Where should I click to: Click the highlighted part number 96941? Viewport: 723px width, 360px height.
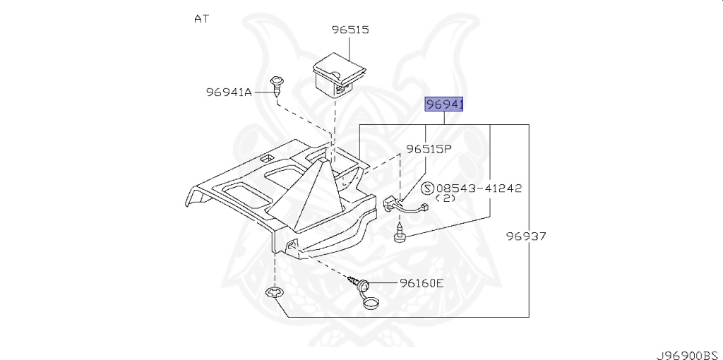[x=444, y=105]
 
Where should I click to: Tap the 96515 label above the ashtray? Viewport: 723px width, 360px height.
[x=350, y=30]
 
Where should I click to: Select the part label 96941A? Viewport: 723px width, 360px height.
[x=229, y=92]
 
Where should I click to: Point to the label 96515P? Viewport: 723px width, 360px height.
[x=429, y=150]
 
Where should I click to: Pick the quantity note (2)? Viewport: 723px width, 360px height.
[x=446, y=198]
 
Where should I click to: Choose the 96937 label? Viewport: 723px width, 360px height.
[x=526, y=236]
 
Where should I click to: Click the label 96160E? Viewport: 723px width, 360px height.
[x=422, y=283]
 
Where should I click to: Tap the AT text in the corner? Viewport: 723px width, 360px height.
[x=201, y=19]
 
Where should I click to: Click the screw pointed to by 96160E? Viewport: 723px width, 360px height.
[x=359, y=282]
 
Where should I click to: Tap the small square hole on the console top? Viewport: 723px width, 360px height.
[x=265, y=158]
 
